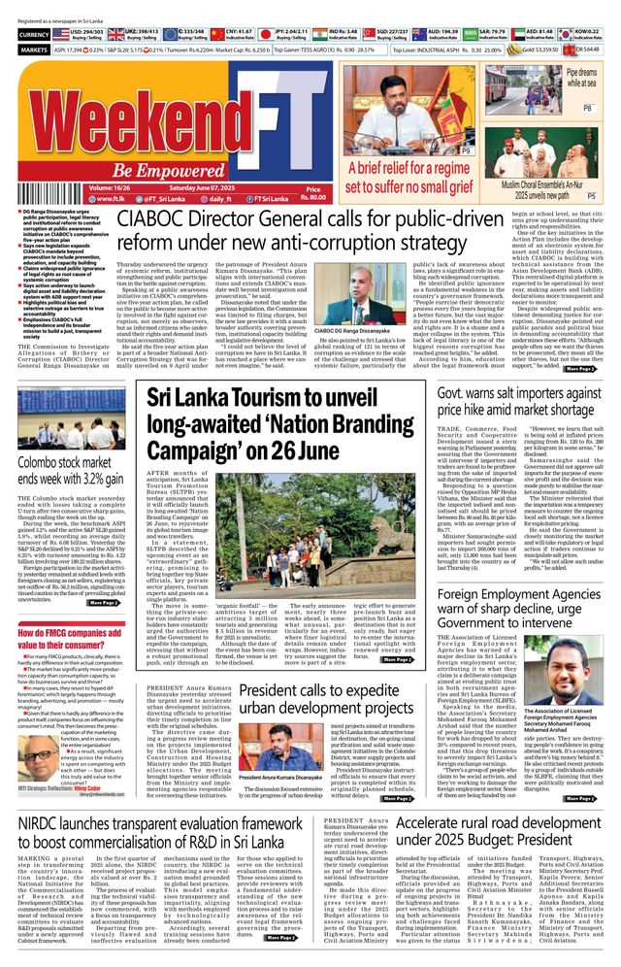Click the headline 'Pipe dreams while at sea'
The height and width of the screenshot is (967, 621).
[581, 77]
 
